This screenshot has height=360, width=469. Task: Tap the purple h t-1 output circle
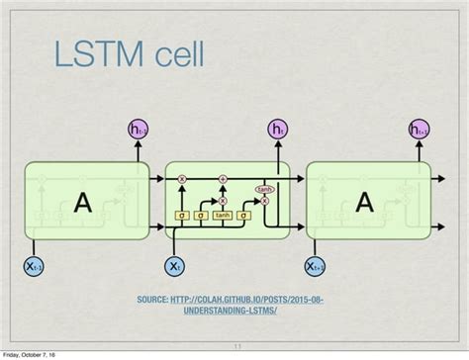[138, 130]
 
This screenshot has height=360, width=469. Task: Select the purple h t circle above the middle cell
[277, 130]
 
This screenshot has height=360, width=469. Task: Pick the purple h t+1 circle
[419, 130]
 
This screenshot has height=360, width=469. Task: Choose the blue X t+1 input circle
[315, 266]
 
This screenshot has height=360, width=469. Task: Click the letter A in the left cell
[85, 203]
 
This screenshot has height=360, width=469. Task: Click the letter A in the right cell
[365, 203]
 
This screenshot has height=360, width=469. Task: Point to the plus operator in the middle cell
[223, 179]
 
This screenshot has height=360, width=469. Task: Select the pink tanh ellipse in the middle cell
[264, 189]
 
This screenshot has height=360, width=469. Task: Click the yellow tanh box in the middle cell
[223, 215]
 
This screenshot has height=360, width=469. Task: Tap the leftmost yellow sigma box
[182, 215]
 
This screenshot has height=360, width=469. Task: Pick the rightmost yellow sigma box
[242, 215]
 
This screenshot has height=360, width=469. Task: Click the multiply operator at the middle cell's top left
[182, 179]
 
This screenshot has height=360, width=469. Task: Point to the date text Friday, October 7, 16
[29, 354]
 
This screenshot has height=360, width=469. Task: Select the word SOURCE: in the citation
[154, 300]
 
